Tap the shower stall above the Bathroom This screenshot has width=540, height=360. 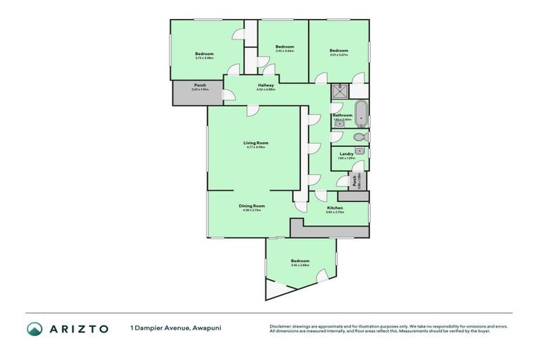340,90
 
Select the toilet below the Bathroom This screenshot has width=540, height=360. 359,136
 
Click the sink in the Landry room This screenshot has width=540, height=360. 359,150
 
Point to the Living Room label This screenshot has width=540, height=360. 255,143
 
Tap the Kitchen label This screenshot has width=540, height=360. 335,208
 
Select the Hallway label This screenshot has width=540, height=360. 265,85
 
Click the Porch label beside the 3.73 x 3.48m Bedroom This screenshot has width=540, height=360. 200,85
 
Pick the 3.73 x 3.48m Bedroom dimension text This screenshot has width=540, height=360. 204,58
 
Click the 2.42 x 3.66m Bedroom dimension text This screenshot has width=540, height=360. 284,51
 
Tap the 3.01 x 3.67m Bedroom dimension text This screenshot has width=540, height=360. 339,54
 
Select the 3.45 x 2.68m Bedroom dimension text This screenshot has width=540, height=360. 300,265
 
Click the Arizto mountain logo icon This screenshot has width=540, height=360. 34,328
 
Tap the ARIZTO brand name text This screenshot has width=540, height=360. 79,328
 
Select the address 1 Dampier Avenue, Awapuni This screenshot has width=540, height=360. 171,328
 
